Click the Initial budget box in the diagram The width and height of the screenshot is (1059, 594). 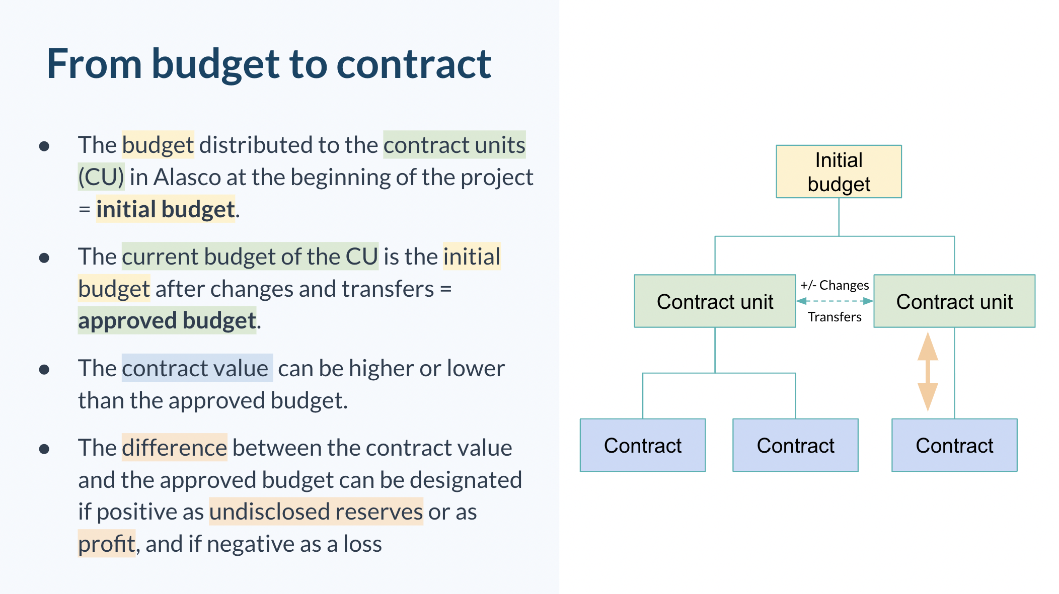839,172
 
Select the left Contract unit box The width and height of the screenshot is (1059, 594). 715,301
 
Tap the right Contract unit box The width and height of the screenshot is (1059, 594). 954,301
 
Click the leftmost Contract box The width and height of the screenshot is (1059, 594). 643,445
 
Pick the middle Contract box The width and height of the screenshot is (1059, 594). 795,445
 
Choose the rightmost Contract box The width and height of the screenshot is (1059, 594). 954,445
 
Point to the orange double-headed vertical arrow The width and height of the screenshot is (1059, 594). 928,372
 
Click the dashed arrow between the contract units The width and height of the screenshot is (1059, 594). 835,301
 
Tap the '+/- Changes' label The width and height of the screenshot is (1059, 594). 835,285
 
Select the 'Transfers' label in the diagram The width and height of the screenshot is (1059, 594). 835,317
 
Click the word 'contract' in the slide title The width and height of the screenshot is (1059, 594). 413,64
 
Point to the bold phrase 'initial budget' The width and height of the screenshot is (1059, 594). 166,209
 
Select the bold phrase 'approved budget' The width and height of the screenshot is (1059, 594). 167,320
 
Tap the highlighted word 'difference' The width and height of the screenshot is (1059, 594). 174,448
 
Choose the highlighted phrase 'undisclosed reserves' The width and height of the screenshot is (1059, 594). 316,512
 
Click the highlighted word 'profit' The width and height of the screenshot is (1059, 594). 107,544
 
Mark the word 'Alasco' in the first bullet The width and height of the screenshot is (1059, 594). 187,177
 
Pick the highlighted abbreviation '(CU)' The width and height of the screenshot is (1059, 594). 101,177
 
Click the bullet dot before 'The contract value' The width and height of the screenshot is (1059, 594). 44,370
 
